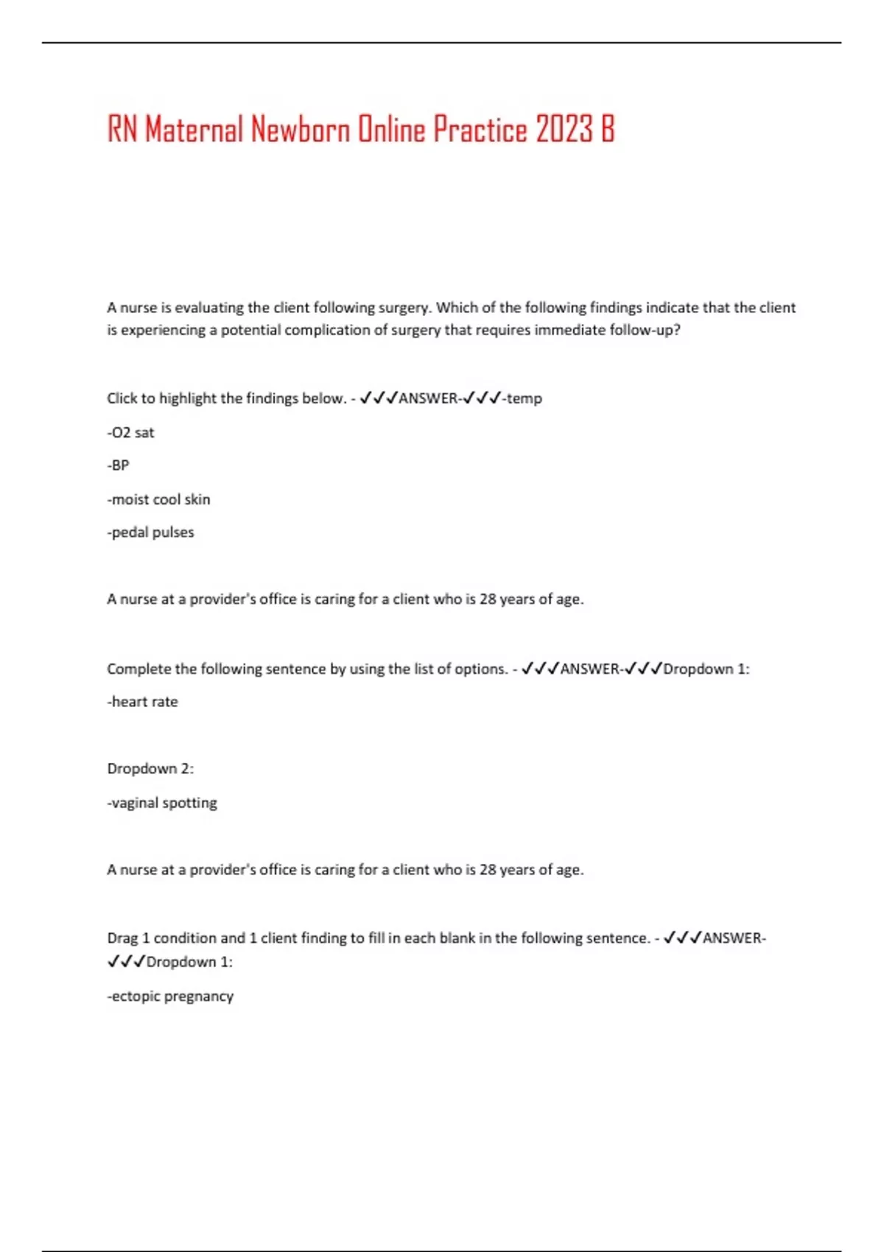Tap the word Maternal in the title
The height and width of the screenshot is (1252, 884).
coord(194,130)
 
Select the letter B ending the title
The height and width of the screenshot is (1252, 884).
coord(607,130)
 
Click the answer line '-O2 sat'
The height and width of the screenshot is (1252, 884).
coord(131,432)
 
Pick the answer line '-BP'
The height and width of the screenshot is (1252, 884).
coord(118,465)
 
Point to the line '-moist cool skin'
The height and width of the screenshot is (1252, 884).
coord(158,499)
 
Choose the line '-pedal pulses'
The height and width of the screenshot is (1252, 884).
coord(150,532)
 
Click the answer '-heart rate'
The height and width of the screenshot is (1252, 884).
coord(142,702)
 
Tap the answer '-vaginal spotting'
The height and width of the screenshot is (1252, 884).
coord(162,803)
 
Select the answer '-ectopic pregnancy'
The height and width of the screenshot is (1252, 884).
coord(170,996)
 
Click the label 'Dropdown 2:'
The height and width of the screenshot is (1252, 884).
coord(150,769)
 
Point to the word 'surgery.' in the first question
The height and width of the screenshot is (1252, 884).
coord(404,308)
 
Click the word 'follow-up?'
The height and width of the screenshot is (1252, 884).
coord(644,330)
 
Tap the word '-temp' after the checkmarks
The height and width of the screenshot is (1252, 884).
coord(522,398)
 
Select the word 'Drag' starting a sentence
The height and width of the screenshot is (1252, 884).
coord(122,938)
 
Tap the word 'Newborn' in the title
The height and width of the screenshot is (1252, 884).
coord(301,130)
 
